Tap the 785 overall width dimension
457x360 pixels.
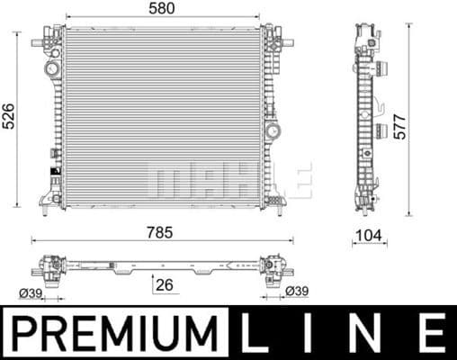161,231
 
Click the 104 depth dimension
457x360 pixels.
369,236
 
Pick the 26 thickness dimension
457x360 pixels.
162,287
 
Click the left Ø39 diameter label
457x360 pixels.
31,292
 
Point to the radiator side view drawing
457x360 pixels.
369,117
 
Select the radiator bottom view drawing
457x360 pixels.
162,267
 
